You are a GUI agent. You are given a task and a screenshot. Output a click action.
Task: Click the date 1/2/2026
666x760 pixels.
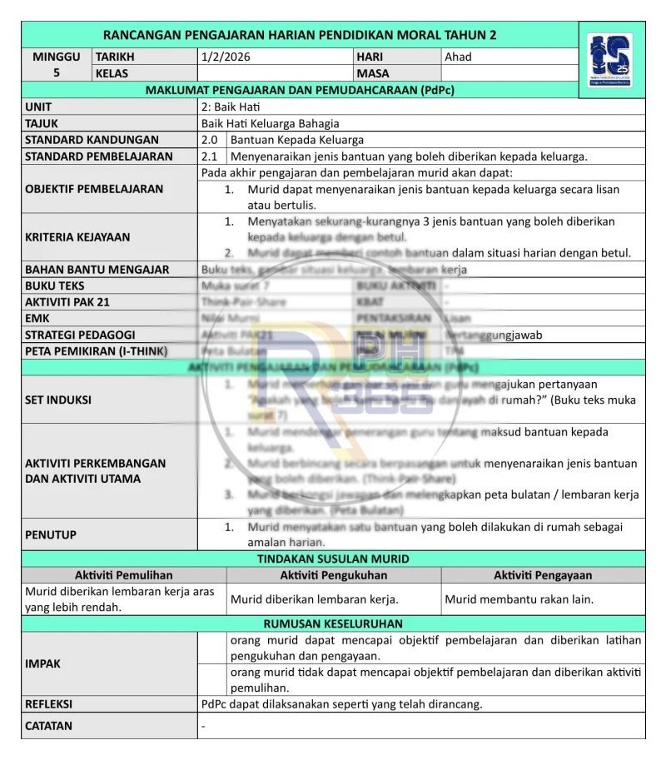pos(226,57)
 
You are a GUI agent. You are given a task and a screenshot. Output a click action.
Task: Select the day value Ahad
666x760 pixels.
pos(458,57)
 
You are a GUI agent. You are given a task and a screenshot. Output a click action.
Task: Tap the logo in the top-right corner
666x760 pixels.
pos(609,60)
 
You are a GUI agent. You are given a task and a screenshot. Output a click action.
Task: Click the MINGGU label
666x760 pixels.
pos(57,57)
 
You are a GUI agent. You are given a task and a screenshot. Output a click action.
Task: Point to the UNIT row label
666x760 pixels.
pos(38,107)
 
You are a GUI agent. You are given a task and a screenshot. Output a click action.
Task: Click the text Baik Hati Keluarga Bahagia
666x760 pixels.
pos(271,123)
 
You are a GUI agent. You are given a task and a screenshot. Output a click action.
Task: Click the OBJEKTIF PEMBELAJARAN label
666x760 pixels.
pos(94,189)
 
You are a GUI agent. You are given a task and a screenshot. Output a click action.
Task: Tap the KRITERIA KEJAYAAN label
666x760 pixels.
pos(77,237)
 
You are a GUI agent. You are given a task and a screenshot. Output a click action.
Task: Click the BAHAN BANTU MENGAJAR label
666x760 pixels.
pos(97,270)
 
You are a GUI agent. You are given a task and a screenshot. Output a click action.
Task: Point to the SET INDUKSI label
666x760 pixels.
pos(58,400)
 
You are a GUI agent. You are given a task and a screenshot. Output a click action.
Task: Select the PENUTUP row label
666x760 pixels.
pos(50,534)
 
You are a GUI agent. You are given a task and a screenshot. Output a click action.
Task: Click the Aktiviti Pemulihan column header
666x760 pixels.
pos(123,575)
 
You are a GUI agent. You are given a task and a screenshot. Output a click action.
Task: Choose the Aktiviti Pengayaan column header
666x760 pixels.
pos(543,575)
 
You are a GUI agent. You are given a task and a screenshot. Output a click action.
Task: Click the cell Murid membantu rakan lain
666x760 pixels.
pos(519,599)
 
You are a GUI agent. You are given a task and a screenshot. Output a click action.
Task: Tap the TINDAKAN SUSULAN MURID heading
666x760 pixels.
pos(333,559)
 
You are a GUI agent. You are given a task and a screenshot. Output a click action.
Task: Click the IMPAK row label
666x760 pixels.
pos(42,664)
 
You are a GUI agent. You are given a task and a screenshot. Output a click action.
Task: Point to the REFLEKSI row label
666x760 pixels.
pos(49,704)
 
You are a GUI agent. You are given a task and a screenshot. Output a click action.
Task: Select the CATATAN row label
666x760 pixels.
pos(48,726)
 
